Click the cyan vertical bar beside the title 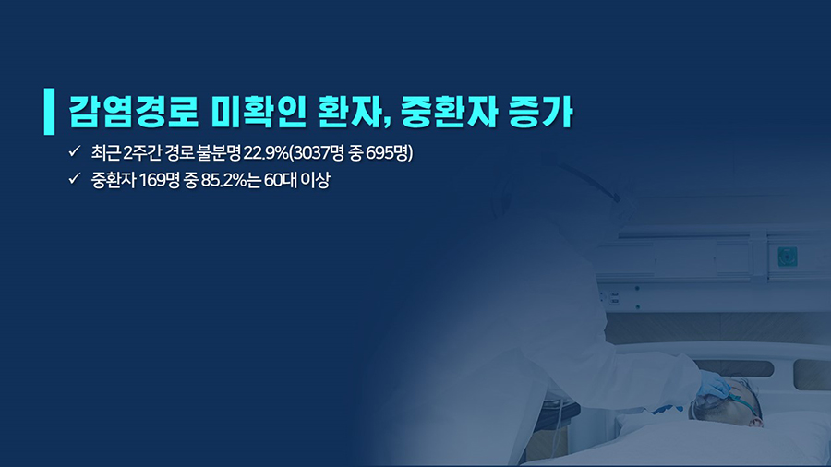(x=49, y=111)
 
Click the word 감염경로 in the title (x=134, y=112)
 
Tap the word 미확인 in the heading (x=259, y=112)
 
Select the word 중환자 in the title (x=449, y=112)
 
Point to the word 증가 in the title (x=541, y=112)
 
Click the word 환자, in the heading (x=354, y=112)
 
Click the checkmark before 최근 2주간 (x=74, y=151)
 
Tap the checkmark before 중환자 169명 (x=74, y=178)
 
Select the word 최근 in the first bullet (x=105, y=153)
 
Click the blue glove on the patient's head (x=713, y=385)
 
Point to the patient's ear (x=755, y=421)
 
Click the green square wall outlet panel (x=788, y=257)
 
